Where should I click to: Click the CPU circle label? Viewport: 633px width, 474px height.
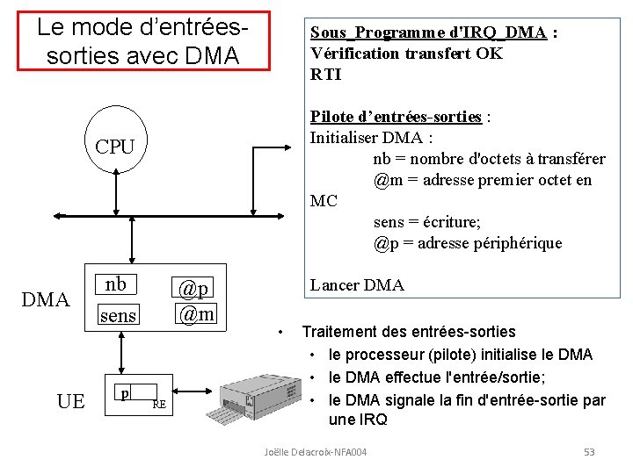(x=115, y=147)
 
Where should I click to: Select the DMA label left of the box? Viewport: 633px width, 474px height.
(x=45, y=301)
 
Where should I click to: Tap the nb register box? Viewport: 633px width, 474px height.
(x=116, y=284)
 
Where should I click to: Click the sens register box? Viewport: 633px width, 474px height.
(x=117, y=315)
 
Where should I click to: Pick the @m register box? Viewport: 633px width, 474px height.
(x=196, y=312)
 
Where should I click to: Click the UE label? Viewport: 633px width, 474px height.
(x=70, y=401)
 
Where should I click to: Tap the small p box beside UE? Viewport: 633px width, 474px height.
(x=126, y=394)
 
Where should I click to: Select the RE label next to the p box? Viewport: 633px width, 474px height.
(x=159, y=405)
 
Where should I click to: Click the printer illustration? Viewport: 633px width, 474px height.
(x=259, y=395)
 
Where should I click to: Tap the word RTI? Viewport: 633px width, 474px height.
(x=326, y=75)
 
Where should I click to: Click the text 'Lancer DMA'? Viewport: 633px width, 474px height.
(x=357, y=285)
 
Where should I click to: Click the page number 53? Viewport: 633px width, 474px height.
(x=589, y=451)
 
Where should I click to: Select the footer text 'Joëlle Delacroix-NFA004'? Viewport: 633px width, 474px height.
(x=316, y=451)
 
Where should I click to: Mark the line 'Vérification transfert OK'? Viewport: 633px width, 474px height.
(x=406, y=54)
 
